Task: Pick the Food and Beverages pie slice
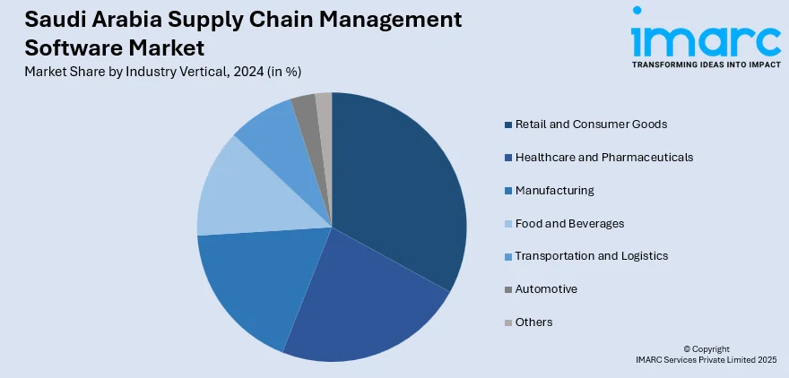tap(238, 193)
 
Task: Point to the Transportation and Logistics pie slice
tap(269, 134)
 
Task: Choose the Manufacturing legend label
tap(554, 190)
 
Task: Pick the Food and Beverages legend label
tap(569, 223)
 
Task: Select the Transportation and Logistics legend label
tap(592, 256)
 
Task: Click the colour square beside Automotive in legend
tap(508, 289)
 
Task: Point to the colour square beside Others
tap(508, 322)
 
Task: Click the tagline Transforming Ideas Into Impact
tap(705, 65)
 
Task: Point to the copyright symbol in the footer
tap(687, 348)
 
